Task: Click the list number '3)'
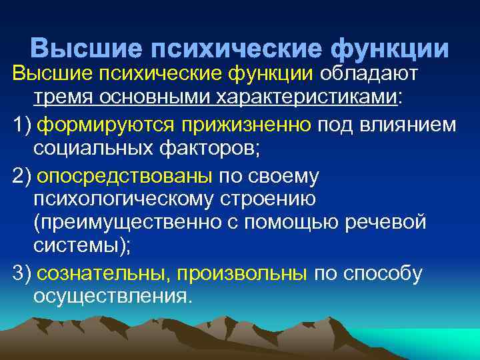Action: pos(21,273)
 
